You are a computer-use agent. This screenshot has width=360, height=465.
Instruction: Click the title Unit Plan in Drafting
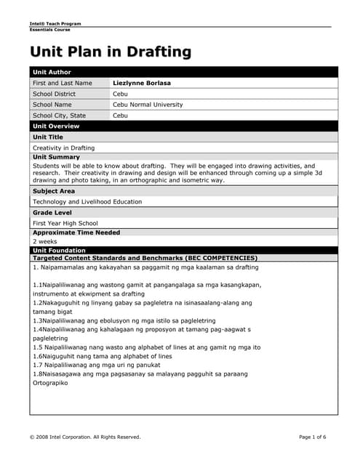pyautogui.click(x=111, y=52)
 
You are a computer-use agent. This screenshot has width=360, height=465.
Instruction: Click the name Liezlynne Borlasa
pyautogui.click(x=142, y=83)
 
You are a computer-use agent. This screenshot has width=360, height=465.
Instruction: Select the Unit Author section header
pyautogui.click(x=51, y=72)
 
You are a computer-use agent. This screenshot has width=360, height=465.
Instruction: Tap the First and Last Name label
pyautogui.click(x=63, y=83)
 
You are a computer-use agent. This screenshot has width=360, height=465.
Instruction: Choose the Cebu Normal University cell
pyautogui.click(x=148, y=105)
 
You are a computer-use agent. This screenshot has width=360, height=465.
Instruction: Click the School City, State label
pyautogui.click(x=59, y=116)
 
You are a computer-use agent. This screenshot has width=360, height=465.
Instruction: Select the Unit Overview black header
pyautogui.click(x=56, y=126)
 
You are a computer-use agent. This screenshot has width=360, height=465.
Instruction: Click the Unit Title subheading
pyautogui.click(x=48, y=137)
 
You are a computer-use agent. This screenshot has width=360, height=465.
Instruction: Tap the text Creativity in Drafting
pyautogui.click(x=64, y=147)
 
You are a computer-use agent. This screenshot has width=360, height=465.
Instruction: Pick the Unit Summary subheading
pyautogui.click(x=56, y=157)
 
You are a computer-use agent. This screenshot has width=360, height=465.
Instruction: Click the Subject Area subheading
pyautogui.click(x=54, y=191)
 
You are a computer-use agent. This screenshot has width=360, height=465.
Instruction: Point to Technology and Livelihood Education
pyautogui.click(x=87, y=202)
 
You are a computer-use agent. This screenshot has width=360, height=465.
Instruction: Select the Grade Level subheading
pyautogui.click(x=52, y=212)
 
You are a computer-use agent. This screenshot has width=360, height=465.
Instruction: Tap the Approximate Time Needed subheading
pyautogui.click(x=76, y=232)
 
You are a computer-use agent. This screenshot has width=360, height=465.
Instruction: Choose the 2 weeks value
pyautogui.click(x=44, y=241)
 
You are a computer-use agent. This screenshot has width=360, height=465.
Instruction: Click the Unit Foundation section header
pyautogui.click(x=59, y=250)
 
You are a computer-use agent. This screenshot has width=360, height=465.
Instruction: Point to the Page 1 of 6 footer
pyautogui.click(x=313, y=437)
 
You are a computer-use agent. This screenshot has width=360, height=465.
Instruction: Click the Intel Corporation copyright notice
pyautogui.click(x=84, y=437)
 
